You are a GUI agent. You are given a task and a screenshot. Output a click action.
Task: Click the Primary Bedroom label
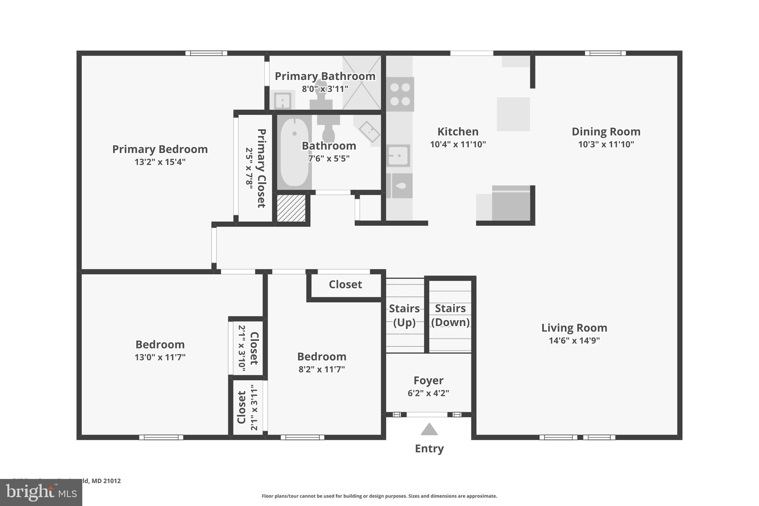(160, 149)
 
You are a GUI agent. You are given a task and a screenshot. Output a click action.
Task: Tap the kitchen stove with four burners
(400, 94)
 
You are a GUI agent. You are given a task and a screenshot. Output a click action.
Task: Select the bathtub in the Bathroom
(294, 152)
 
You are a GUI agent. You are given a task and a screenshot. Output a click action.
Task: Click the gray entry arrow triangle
(429, 430)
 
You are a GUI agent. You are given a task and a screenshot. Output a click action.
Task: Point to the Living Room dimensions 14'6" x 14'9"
(574, 341)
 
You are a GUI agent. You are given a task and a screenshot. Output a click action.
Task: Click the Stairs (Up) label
(404, 315)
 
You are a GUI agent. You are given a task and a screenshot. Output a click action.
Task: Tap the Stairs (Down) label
(450, 315)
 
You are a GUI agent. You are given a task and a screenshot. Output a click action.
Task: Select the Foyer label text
(428, 381)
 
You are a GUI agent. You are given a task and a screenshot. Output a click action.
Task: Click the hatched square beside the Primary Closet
(291, 208)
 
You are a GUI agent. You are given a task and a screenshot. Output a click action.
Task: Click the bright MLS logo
(41, 493)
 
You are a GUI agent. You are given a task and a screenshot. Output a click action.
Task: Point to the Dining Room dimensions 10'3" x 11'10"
(606, 145)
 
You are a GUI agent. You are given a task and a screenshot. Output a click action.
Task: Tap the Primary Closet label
(261, 168)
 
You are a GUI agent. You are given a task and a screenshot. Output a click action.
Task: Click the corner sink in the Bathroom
(369, 132)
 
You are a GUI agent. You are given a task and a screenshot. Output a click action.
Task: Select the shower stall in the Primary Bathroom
(361, 82)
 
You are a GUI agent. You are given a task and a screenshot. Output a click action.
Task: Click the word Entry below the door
(429, 449)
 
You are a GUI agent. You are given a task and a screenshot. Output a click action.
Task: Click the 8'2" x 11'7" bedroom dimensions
(322, 370)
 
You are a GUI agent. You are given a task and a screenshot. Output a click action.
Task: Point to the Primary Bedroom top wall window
(206, 53)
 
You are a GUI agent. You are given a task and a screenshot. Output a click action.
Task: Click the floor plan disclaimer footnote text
(379, 496)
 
